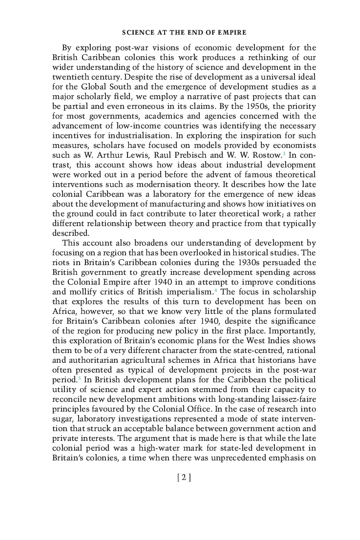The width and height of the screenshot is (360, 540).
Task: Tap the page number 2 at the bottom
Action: (184, 478)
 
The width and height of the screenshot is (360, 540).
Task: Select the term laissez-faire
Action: (294, 399)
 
